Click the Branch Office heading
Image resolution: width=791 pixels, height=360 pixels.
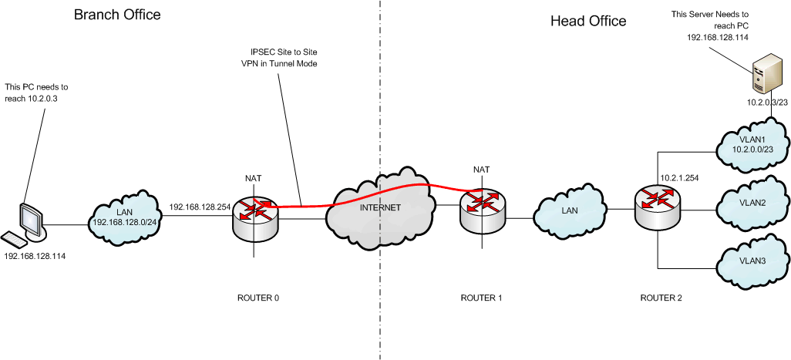coord(117,15)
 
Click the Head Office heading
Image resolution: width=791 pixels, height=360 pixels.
coord(587,21)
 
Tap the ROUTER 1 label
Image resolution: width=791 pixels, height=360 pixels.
coord(481,297)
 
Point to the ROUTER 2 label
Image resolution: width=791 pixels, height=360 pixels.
coord(661,297)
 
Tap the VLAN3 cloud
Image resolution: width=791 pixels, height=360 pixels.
coord(752,261)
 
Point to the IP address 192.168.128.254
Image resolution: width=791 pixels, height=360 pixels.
coord(199,207)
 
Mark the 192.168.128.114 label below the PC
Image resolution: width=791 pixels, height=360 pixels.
coord(35,255)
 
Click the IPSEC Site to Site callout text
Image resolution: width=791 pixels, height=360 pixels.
coord(278,58)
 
